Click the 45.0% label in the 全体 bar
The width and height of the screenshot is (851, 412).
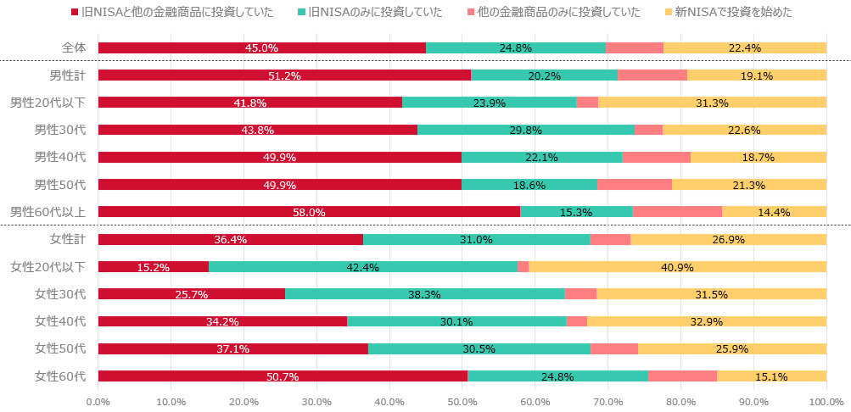(261, 48)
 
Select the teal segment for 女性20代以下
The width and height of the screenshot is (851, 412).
(363, 267)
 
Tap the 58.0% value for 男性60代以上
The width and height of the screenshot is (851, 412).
(309, 212)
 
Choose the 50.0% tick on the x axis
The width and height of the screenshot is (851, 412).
(462, 402)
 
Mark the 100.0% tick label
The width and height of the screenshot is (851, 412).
(826, 402)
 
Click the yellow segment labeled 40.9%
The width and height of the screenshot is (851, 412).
(677, 267)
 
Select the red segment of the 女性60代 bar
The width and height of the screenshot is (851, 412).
(283, 376)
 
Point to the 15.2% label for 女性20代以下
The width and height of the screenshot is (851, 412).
(153, 267)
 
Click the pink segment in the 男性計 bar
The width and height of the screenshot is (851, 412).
(652, 75)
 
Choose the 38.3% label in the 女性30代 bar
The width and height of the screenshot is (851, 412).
(424, 294)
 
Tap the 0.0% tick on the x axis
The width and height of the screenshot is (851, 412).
(98, 402)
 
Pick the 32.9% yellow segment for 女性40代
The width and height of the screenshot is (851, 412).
(707, 321)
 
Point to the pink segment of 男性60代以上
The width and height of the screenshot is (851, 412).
(677, 212)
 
